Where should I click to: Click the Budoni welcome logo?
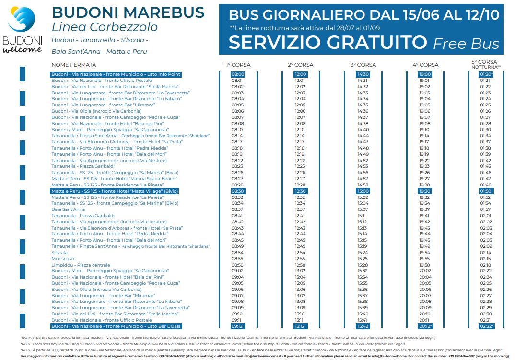point(23,30)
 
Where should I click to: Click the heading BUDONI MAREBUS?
point(128,12)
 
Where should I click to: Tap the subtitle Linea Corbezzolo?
point(105,27)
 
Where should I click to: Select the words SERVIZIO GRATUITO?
point(328,42)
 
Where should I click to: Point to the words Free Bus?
point(466,44)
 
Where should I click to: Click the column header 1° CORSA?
point(238,65)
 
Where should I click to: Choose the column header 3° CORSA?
point(363,65)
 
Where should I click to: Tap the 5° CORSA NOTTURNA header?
point(486,64)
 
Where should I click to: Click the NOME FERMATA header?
point(73,65)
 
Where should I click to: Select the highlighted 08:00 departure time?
point(238,74)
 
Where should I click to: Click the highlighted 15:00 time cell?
point(363,191)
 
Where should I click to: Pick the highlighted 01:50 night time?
point(485,191)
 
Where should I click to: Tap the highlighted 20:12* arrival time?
point(425,326)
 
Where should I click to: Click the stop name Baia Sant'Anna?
point(68,209)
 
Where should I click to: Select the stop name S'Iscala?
point(59,253)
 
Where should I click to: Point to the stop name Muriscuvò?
point(63,259)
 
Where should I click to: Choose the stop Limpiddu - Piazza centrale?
point(81,265)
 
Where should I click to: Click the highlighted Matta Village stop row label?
point(115,191)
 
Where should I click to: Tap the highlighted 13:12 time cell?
point(300,326)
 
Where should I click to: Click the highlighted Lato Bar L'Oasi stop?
point(116,326)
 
